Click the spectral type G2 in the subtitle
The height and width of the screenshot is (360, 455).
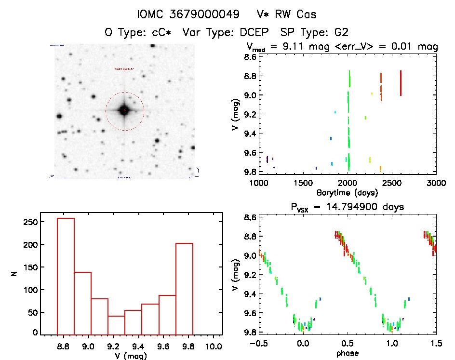click(x=343, y=32)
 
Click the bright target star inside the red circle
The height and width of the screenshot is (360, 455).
click(x=124, y=110)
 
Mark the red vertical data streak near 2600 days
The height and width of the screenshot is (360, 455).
click(x=401, y=83)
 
